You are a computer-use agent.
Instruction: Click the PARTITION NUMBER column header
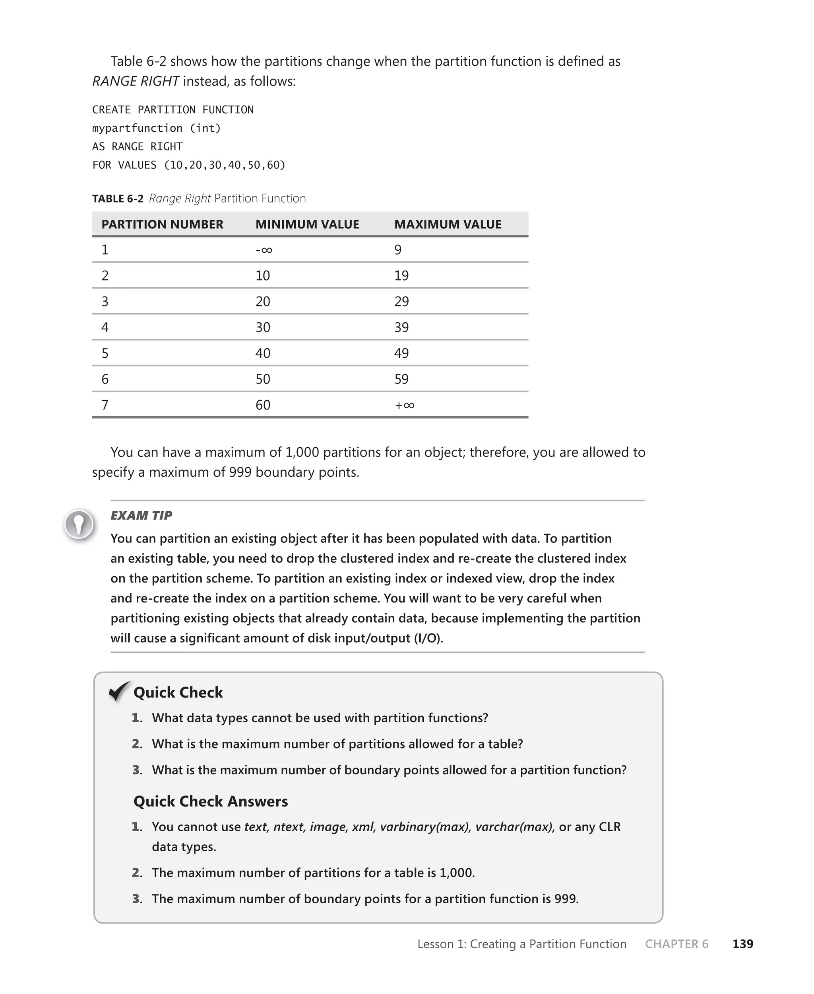(162, 224)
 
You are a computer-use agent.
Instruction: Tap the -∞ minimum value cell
(264, 249)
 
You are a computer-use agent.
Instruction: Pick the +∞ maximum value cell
(404, 405)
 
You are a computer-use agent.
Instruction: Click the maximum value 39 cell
(401, 327)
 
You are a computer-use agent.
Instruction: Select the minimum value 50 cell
(263, 379)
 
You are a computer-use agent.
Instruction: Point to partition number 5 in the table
(105, 353)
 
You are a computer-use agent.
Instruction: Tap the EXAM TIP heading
(141, 515)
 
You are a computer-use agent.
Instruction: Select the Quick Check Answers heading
(211, 801)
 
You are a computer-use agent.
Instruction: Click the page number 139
(742, 944)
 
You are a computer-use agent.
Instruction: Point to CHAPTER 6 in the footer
(676, 944)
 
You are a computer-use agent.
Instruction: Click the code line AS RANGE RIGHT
(137, 146)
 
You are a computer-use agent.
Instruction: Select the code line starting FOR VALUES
(188, 165)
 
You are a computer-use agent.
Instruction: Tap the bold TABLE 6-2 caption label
(118, 199)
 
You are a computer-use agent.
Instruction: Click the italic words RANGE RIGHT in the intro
(136, 81)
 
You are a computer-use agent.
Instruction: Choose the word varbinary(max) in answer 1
(425, 826)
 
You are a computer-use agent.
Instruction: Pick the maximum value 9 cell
(397, 249)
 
